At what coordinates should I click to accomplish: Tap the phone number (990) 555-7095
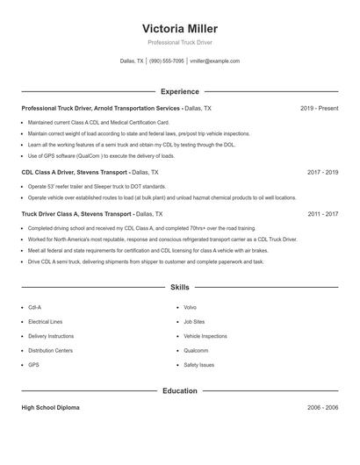(x=166, y=61)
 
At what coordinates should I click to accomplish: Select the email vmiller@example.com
(x=214, y=61)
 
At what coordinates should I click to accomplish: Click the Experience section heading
(x=179, y=91)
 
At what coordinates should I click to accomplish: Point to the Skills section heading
(x=179, y=287)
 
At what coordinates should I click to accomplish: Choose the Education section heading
(x=179, y=390)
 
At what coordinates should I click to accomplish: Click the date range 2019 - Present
(x=319, y=108)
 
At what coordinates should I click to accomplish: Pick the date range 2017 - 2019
(x=322, y=173)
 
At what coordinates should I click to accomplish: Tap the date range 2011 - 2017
(x=322, y=213)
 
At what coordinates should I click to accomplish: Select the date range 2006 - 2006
(x=322, y=408)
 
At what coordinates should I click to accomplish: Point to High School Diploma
(x=50, y=408)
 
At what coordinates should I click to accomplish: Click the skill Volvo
(x=190, y=308)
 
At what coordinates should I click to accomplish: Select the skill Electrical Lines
(x=45, y=322)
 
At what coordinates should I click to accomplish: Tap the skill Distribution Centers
(x=50, y=350)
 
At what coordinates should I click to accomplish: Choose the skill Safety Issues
(x=198, y=364)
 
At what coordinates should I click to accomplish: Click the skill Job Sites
(x=194, y=322)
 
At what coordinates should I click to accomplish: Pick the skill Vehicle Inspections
(x=205, y=336)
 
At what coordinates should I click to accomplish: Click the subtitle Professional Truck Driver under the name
(x=179, y=42)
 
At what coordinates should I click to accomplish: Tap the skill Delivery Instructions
(x=51, y=336)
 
